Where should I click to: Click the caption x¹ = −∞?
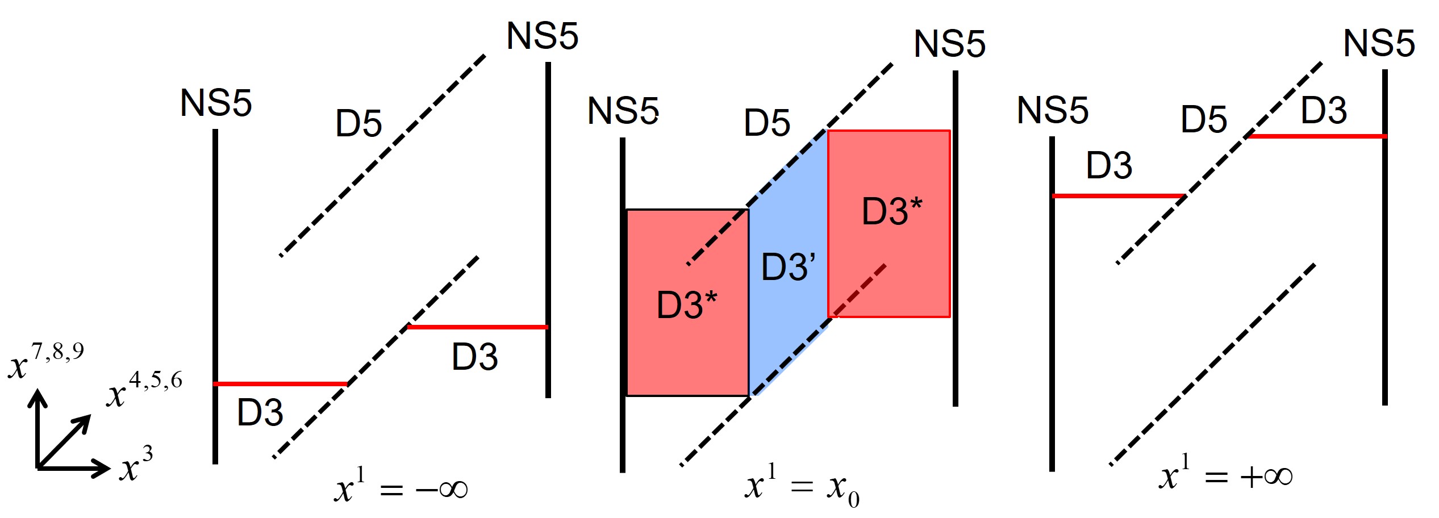click(401, 487)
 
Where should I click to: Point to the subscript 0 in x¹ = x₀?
click(853, 499)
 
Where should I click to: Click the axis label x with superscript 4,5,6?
click(144, 390)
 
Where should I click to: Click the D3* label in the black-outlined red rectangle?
click(686, 305)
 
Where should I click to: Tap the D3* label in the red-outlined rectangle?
click(891, 211)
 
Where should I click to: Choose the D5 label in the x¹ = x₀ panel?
click(767, 123)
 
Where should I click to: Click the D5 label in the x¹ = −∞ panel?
click(358, 123)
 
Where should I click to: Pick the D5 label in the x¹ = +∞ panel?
click(1203, 119)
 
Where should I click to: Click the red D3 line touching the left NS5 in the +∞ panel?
click(1118, 196)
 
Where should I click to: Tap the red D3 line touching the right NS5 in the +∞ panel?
click(1317, 136)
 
